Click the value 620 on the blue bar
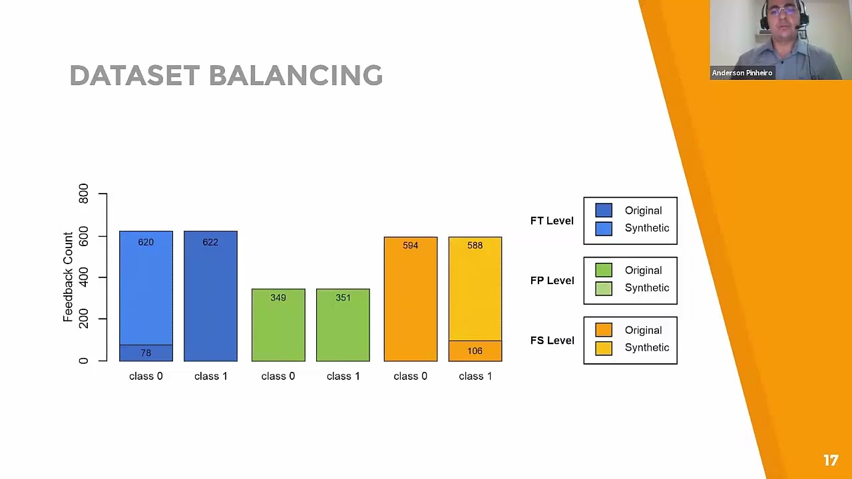[146, 242]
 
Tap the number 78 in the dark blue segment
[146, 353]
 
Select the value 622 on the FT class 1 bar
[210, 242]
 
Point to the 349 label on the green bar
[278, 297]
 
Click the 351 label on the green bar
[343, 297]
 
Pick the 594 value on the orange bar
[410, 245]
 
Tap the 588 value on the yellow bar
[475, 245]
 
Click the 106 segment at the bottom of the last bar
[475, 351]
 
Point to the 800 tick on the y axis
[83, 194]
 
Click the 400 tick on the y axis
[83, 277]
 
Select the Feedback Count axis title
[68, 277]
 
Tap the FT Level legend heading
[552, 221]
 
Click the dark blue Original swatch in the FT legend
[604, 211]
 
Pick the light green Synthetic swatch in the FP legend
[604, 288]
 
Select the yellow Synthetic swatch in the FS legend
[604, 348]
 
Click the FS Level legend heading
[552, 341]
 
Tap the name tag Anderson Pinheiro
[742, 73]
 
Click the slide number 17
[830, 460]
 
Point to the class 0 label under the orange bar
[410, 377]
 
